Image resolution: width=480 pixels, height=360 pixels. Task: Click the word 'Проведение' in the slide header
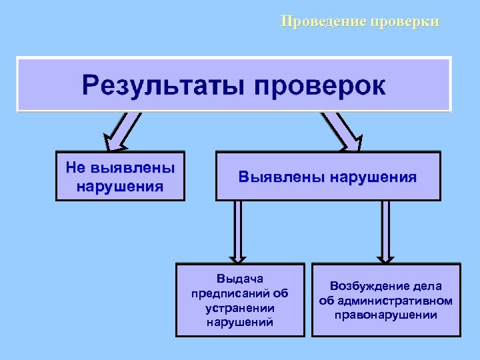coord(323,21)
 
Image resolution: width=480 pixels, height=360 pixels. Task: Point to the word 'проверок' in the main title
coord(319,85)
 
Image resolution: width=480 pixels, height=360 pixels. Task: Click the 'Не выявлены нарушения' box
coord(120,176)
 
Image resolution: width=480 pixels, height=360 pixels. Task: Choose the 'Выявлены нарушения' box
coord(328,177)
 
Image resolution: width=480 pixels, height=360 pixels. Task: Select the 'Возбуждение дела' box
coord(385,299)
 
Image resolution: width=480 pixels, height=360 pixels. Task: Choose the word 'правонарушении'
coord(386,315)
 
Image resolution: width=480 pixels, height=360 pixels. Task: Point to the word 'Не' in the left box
coord(74,167)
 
